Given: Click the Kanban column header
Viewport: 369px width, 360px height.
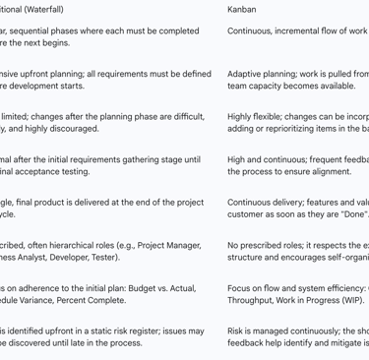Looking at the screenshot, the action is (x=242, y=9).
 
